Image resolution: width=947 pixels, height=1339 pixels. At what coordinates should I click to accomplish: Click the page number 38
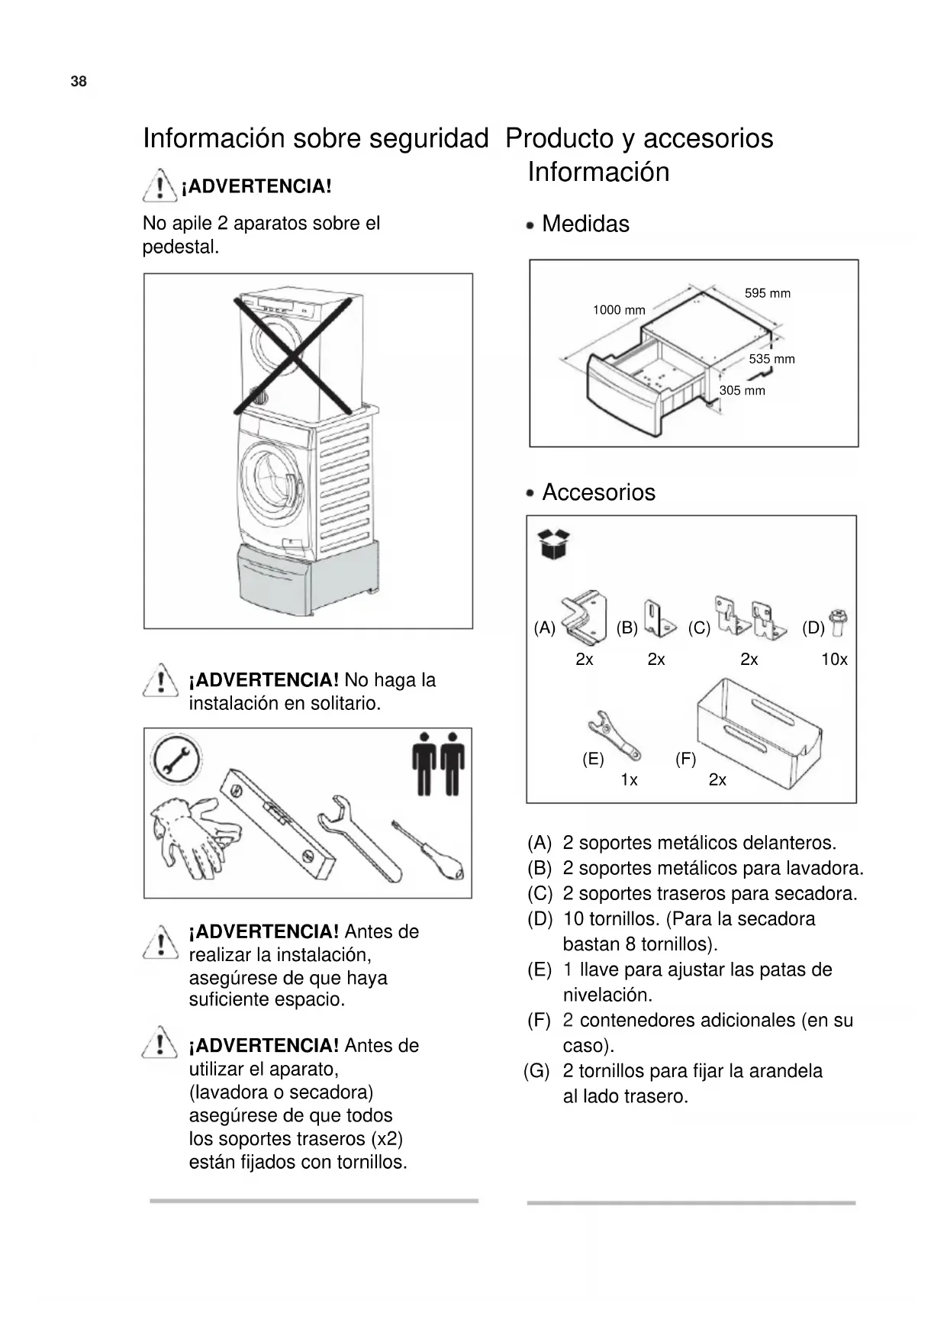pos(79,82)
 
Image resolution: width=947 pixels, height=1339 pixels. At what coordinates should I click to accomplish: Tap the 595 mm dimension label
pos(767,293)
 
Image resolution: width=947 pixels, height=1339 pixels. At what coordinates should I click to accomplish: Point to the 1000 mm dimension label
pos(619,310)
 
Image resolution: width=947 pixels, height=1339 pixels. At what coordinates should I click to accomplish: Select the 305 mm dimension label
pos(742,391)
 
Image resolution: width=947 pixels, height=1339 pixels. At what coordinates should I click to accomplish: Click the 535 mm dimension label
pos(771,359)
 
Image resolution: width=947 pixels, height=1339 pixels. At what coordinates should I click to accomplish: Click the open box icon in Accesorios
pos(554,544)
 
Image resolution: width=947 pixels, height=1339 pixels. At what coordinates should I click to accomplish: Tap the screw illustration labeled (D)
pos(837,622)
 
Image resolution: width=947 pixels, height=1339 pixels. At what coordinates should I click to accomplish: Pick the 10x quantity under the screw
pos(834,660)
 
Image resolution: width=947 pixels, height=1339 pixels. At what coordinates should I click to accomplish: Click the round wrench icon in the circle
pos(176,760)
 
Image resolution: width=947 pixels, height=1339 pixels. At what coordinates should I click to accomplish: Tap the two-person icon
pos(438,764)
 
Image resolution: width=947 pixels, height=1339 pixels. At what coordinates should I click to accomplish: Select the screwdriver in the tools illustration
pos(429,851)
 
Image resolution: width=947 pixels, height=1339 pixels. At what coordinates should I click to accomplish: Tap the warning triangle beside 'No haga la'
pos(160,679)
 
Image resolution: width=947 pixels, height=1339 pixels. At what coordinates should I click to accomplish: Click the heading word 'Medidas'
pos(585,224)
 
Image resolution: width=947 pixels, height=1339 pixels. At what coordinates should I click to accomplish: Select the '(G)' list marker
pos(536,1071)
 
